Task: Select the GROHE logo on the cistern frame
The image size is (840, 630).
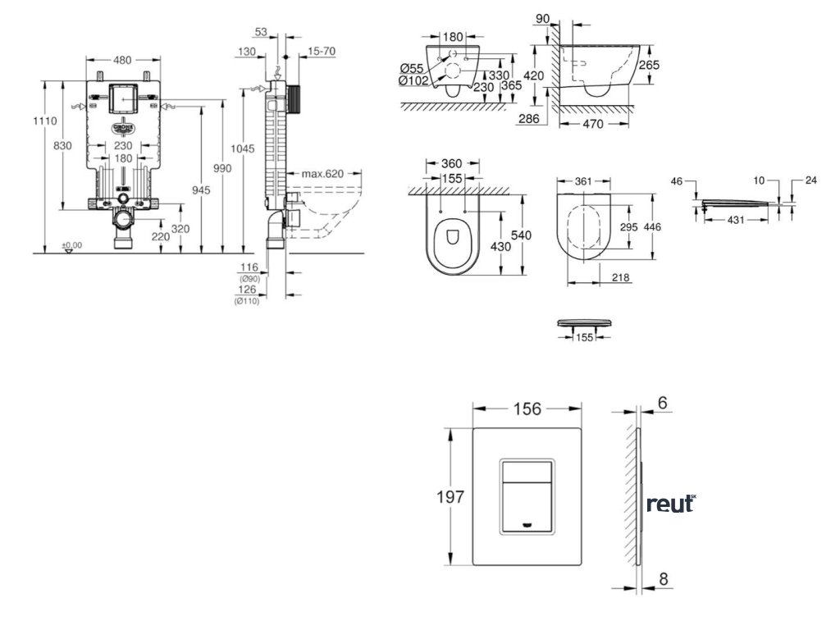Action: click(123, 128)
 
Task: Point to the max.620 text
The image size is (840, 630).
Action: click(321, 174)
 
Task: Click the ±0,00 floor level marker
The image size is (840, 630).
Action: click(72, 244)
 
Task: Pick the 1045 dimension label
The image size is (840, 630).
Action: click(243, 148)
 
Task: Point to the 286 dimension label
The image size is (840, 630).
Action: click(530, 119)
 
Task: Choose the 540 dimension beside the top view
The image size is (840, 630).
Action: click(521, 235)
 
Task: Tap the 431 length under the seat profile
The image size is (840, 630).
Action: click(736, 221)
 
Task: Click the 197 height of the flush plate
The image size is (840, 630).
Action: click(451, 496)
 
